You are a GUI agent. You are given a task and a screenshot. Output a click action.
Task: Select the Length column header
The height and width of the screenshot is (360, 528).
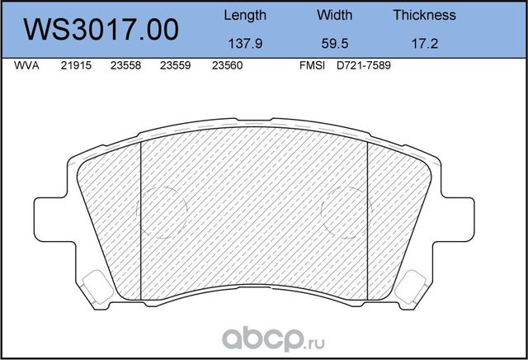(x=245, y=15)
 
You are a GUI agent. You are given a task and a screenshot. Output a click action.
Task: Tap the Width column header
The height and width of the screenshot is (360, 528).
(x=334, y=15)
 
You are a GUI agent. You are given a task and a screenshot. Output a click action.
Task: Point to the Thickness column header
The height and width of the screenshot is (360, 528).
(x=424, y=15)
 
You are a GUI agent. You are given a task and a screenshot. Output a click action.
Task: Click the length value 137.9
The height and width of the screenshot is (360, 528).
(x=245, y=44)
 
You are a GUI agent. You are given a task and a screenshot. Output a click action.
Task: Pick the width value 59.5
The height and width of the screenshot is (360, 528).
(x=334, y=44)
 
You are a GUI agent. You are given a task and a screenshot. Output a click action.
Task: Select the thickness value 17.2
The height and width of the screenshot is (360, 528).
(x=424, y=44)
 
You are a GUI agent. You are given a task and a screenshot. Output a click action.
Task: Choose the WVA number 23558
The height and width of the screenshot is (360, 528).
(x=125, y=66)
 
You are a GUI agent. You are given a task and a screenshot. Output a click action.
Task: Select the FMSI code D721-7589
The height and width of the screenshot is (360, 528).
(x=362, y=66)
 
